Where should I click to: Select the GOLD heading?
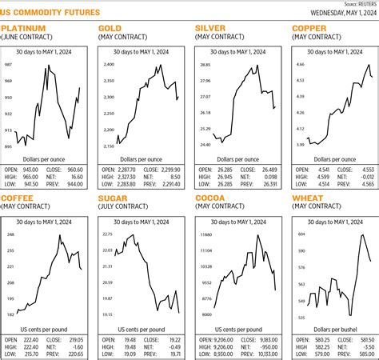pos(112,27)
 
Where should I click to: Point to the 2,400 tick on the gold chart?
pos(110,64)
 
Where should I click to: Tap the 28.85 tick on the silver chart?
pos(205,64)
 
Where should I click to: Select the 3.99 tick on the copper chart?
pos(301,144)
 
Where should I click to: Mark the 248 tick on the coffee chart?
pos(10,234)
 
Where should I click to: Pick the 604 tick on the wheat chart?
pos(301,234)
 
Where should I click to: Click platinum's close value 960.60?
pos(74,170)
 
